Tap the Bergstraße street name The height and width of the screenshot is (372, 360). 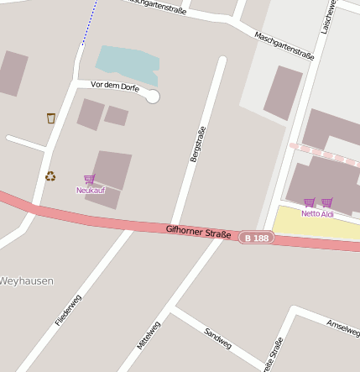pos(198,144)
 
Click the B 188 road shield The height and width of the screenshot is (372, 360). pos(256,238)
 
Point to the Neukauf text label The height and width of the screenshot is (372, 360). pos(91,191)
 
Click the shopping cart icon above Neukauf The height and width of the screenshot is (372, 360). pos(90,179)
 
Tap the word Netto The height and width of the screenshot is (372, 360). pos(310,214)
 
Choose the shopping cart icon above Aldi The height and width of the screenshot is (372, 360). pos(327,202)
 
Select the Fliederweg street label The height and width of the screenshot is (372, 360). pos(68,310)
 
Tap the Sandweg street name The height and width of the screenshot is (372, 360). pos(217,338)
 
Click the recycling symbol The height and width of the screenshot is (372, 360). pos(50,176)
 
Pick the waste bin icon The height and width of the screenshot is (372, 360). pos(51,118)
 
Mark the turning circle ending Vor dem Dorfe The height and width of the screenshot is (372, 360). pos(153,97)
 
